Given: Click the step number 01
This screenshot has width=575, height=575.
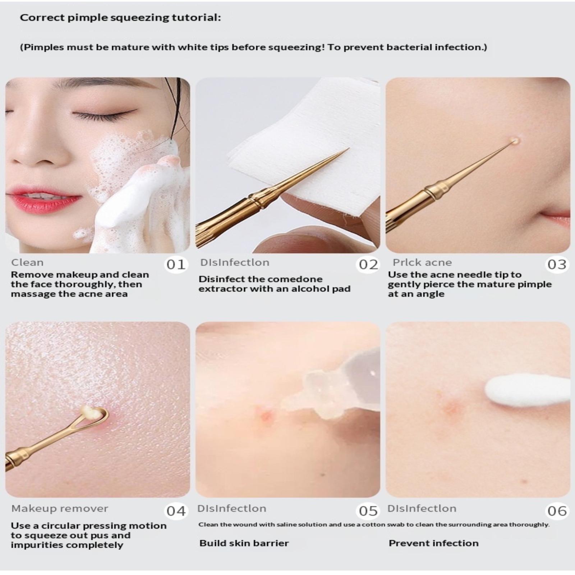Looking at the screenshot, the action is (x=176, y=264).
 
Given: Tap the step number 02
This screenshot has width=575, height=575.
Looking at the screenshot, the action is (x=368, y=264).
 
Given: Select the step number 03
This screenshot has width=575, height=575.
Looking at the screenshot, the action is (x=557, y=264).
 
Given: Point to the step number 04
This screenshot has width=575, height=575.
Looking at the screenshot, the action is (x=176, y=511).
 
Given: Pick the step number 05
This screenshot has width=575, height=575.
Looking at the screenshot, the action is (x=368, y=511).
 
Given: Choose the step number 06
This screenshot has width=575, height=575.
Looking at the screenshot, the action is (x=557, y=511).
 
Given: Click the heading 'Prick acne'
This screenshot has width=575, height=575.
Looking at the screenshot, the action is (x=422, y=262).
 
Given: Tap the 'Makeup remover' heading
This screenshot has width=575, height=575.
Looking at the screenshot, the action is (x=60, y=509).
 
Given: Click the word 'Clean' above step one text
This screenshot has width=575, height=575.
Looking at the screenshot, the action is (x=27, y=262).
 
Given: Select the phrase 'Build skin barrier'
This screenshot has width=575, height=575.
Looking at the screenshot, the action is (x=244, y=543).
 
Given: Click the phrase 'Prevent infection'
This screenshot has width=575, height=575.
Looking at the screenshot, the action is (x=433, y=543).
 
